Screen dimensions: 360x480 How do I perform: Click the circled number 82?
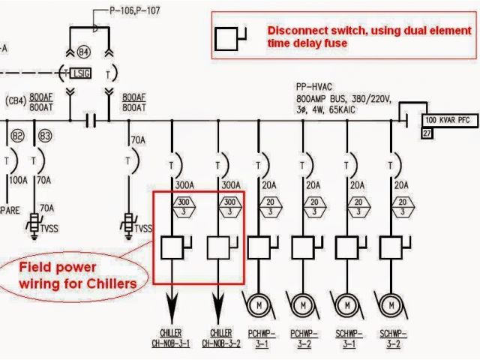(18, 136)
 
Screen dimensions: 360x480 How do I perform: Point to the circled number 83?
(45, 136)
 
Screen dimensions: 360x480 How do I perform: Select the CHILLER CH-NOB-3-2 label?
(220, 337)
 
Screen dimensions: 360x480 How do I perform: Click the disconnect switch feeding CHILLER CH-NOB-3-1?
(175, 246)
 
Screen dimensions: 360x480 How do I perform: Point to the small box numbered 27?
(427, 133)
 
